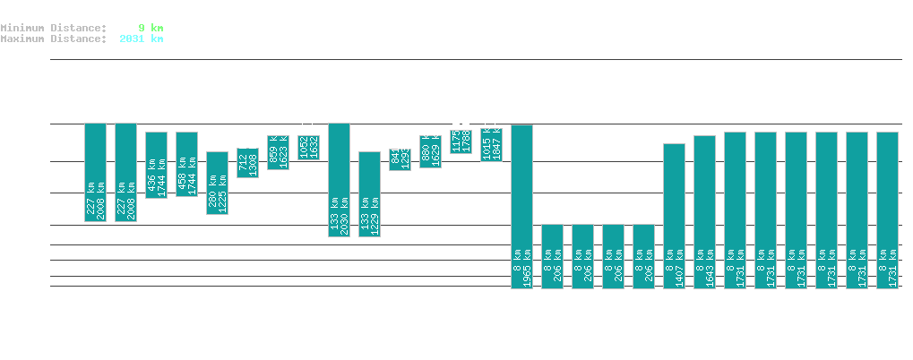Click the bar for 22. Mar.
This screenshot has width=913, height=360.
click(x=95, y=172)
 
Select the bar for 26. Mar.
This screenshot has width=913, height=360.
click(x=217, y=183)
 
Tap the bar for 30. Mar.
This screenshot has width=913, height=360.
click(x=339, y=179)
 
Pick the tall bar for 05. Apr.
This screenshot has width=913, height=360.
click(x=521, y=206)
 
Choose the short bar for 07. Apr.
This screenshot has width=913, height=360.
click(x=582, y=256)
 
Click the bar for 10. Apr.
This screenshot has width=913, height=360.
click(x=674, y=216)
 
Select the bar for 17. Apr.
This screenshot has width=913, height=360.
click(x=887, y=210)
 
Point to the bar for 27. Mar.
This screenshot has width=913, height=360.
click(x=247, y=163)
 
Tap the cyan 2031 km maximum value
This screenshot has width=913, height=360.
click(x=141, y=39)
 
